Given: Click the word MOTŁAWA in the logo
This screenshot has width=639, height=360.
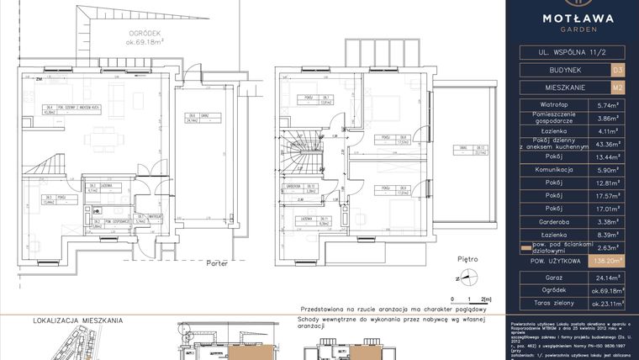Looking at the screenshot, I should [573, 18].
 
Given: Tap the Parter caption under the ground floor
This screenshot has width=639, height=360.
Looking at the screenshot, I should [218, 262].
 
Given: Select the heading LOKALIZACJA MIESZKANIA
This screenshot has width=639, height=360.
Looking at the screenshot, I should [77, 320].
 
